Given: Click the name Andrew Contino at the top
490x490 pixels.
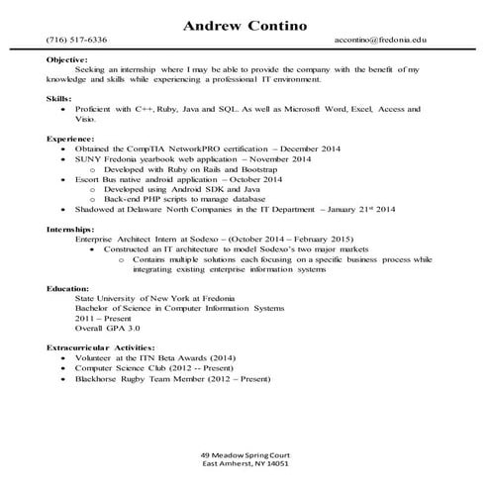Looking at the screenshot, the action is point(245,23).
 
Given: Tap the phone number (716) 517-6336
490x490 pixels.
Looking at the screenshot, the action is point(76,43).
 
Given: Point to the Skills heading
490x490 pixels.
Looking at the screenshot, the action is point(58,98).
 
